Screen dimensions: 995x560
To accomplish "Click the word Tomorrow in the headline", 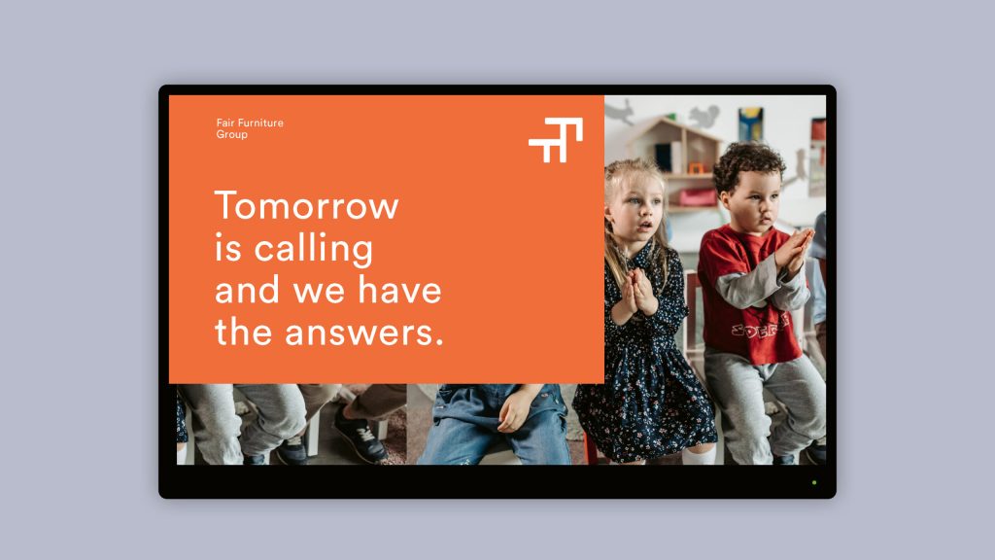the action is tap(307, 205).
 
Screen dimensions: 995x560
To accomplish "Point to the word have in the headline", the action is tap(399, 290).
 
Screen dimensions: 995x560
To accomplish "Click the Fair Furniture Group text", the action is tap(250, 128).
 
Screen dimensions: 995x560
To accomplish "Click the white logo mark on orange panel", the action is tap(556, 140).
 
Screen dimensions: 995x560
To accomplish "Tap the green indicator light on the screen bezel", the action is tap(814, 482).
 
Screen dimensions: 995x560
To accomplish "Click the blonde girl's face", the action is tap(635, 210).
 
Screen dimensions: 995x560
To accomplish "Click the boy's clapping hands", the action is tap(793, 249).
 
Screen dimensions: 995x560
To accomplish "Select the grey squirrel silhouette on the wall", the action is tap(703, 116).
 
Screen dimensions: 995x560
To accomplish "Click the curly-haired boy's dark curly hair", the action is tap(750, 162).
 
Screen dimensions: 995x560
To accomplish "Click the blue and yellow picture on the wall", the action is tap(751, 123).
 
